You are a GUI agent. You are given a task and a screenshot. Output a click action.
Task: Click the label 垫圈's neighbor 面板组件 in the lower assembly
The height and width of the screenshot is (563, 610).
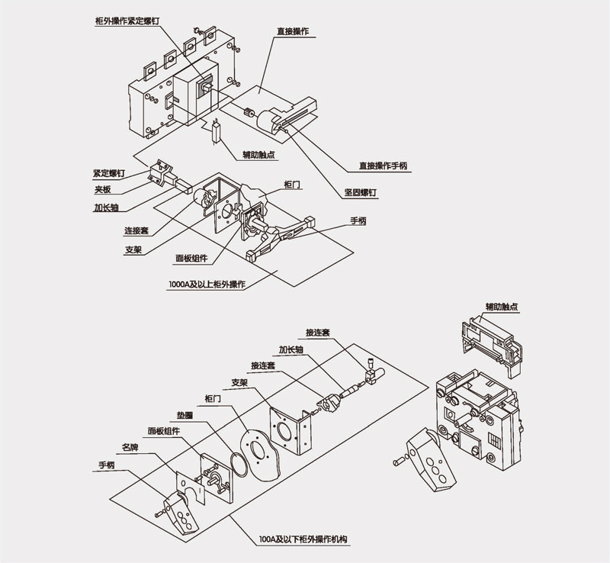pos(163,431)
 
